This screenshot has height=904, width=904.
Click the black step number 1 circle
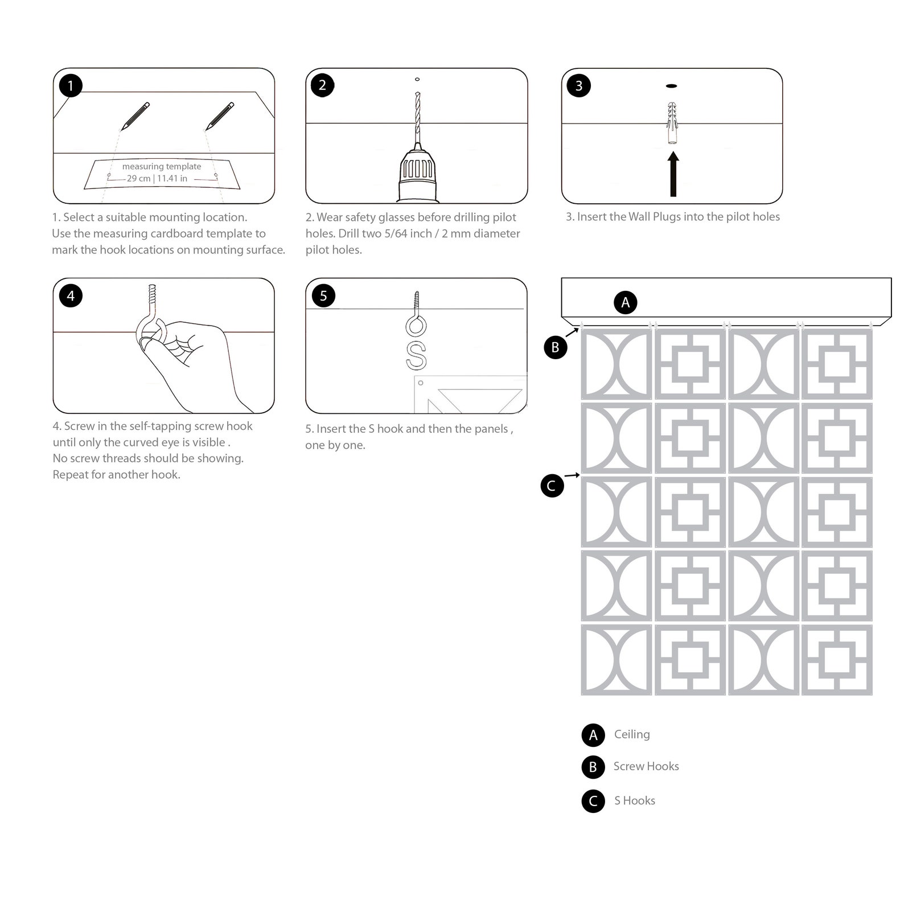pyautogui.click(x=71, y=86)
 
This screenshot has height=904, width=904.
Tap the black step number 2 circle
pyautogui.click(x=323, y=85)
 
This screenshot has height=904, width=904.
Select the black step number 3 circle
pyautogui.click(x=579, y=86)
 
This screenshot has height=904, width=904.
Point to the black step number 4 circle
pyautogui.click(x=71, y=295)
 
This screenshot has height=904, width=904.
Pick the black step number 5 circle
pyautogui.click(x=323, y=295)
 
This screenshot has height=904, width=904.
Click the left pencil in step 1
pyautogui.click(x=135, y=116)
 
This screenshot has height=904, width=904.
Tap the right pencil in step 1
pyautogui.click(x=220, y=116)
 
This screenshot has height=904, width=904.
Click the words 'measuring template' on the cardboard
pyautogui.click(x=162, y=166)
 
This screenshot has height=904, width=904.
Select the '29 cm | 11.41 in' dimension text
pyautogui.click(x=157, y=178)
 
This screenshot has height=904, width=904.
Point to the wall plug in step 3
pyautogui.click(x=672, y=123)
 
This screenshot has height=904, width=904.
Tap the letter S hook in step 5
pyautogui.click(x=416, y=355)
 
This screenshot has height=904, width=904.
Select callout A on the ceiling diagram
pyautogui.click(x=626, y=302)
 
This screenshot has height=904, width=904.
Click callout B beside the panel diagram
pyautogui.click(x=556, y=347)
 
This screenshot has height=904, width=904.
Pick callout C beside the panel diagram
pyautogui.click(x=552, y=486)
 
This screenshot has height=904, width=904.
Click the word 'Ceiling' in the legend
pyautogui.click(x=632, y=734)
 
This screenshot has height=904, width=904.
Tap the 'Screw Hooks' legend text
pyautogui.click(x=646, y=766)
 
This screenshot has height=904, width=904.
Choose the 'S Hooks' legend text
pyautogui.click(x=635, y=800)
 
